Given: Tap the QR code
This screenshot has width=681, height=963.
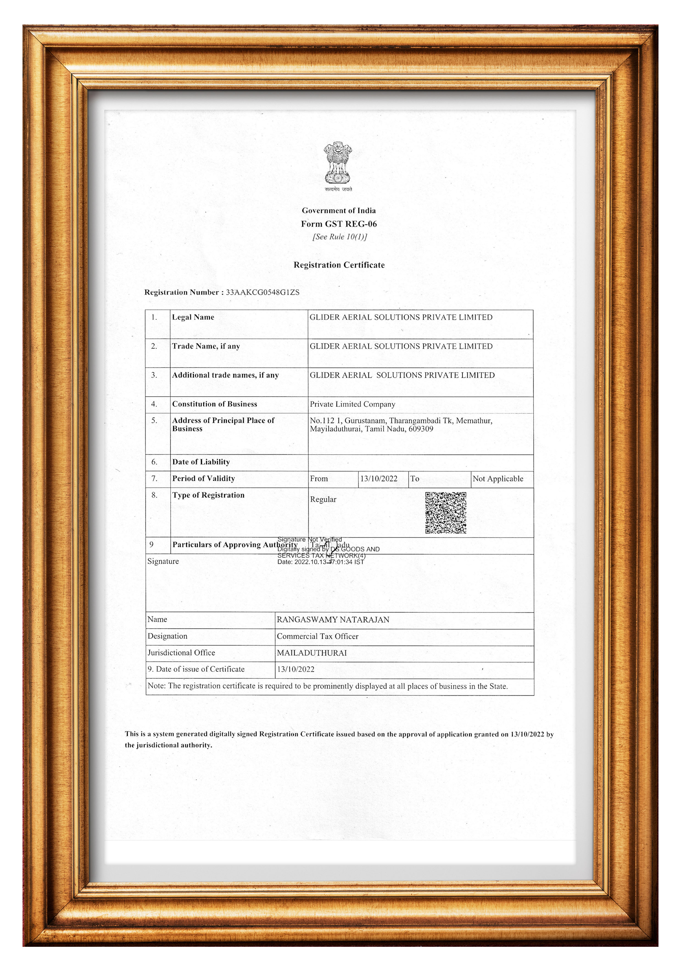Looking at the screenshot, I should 446,513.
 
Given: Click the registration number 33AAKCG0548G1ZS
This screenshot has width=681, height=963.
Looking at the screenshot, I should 263,292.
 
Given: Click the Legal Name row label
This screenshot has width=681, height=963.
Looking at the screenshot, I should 193,317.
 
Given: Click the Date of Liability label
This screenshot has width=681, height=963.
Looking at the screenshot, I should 201,462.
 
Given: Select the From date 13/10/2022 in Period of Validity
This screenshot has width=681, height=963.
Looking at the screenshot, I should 378,478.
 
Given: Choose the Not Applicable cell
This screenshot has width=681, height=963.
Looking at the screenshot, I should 498,478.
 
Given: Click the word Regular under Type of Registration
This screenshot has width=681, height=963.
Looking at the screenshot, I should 323,499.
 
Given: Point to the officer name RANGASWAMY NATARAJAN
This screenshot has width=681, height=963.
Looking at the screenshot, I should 333,620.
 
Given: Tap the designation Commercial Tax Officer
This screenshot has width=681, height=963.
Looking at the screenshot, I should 318,636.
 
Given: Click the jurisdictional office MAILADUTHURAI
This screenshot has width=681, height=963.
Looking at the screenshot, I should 312,653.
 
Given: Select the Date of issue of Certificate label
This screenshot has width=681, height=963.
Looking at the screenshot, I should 196,669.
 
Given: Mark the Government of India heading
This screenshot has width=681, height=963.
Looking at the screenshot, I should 339,211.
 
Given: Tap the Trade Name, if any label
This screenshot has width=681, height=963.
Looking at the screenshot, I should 206,346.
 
